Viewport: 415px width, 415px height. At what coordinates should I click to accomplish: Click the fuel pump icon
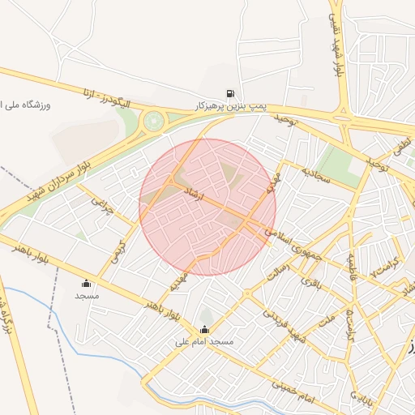coord(232,94)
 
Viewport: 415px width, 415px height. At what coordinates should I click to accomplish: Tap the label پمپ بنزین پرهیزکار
coord(231,106)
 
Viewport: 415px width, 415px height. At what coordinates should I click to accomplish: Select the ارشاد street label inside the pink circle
coord(210,199)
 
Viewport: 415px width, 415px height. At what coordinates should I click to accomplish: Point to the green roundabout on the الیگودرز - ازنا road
coord(152,122)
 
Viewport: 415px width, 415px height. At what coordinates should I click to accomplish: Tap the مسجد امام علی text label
coord(204,342)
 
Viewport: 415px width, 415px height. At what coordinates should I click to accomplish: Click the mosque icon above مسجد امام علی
coord(204,329)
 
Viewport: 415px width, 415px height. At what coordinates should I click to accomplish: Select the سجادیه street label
coord(316,176)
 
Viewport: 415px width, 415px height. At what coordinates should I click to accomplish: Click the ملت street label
coord(327,319)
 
